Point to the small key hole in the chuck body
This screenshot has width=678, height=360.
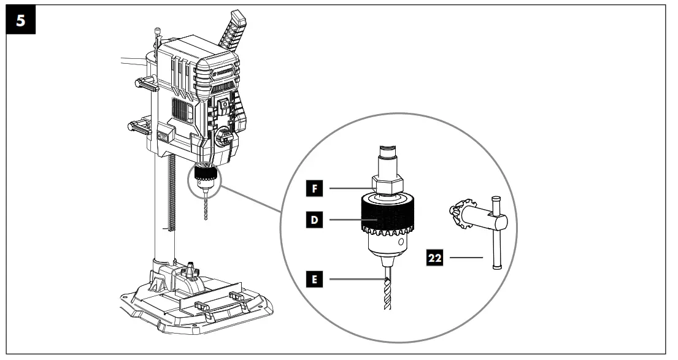point(400,243)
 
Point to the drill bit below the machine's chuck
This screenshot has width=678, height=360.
point(204,209)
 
